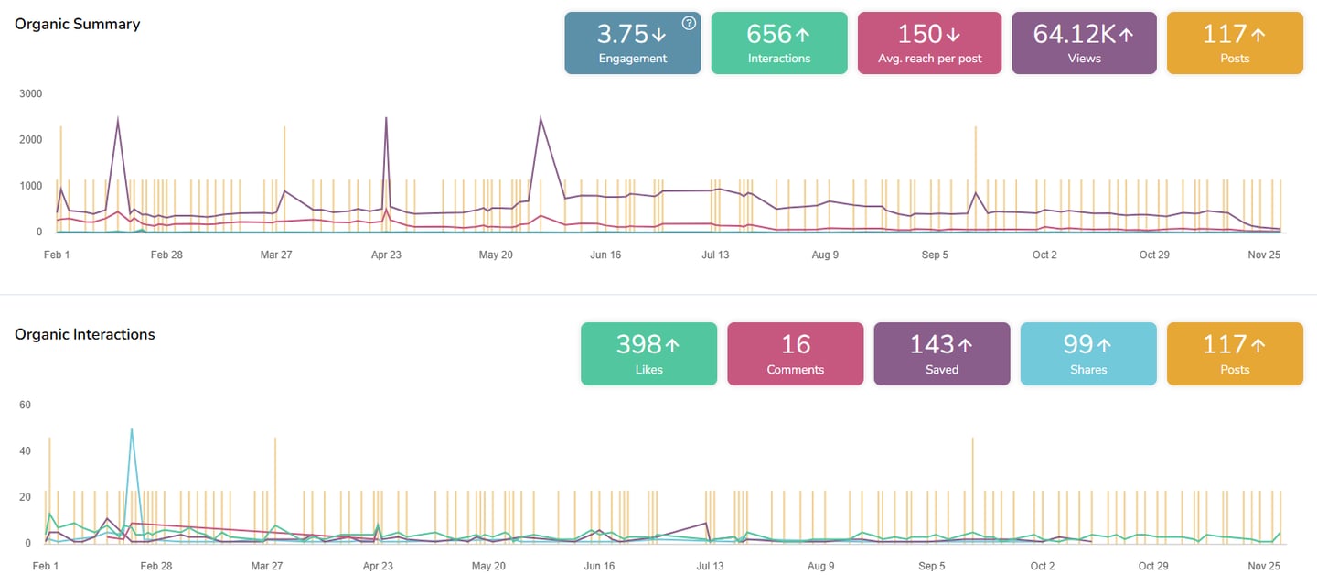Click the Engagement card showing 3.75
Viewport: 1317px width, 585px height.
point(632,43)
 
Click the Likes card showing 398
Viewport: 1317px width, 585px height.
point(648,353)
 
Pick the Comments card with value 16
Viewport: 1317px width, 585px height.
point(795,353)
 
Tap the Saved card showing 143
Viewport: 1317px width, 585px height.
point(942,353)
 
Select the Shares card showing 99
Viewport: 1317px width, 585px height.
point(1088,353)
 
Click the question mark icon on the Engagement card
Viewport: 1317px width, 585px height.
point(689,23)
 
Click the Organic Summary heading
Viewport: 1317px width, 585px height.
point(78,24)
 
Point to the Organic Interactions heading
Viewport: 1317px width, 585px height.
point(85,334)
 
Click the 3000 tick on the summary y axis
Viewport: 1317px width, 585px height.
point(30,93)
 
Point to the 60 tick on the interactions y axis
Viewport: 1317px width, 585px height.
point(25,405)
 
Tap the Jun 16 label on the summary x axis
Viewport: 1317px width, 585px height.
point(605,255)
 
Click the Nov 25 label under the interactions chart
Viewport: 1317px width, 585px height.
point(1263,566)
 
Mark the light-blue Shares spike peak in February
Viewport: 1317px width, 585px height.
point(132,428)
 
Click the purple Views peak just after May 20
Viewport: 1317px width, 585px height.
point(541,117)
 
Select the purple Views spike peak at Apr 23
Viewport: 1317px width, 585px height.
point(386,117)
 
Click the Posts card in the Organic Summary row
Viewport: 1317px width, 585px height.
point(1235,43)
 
